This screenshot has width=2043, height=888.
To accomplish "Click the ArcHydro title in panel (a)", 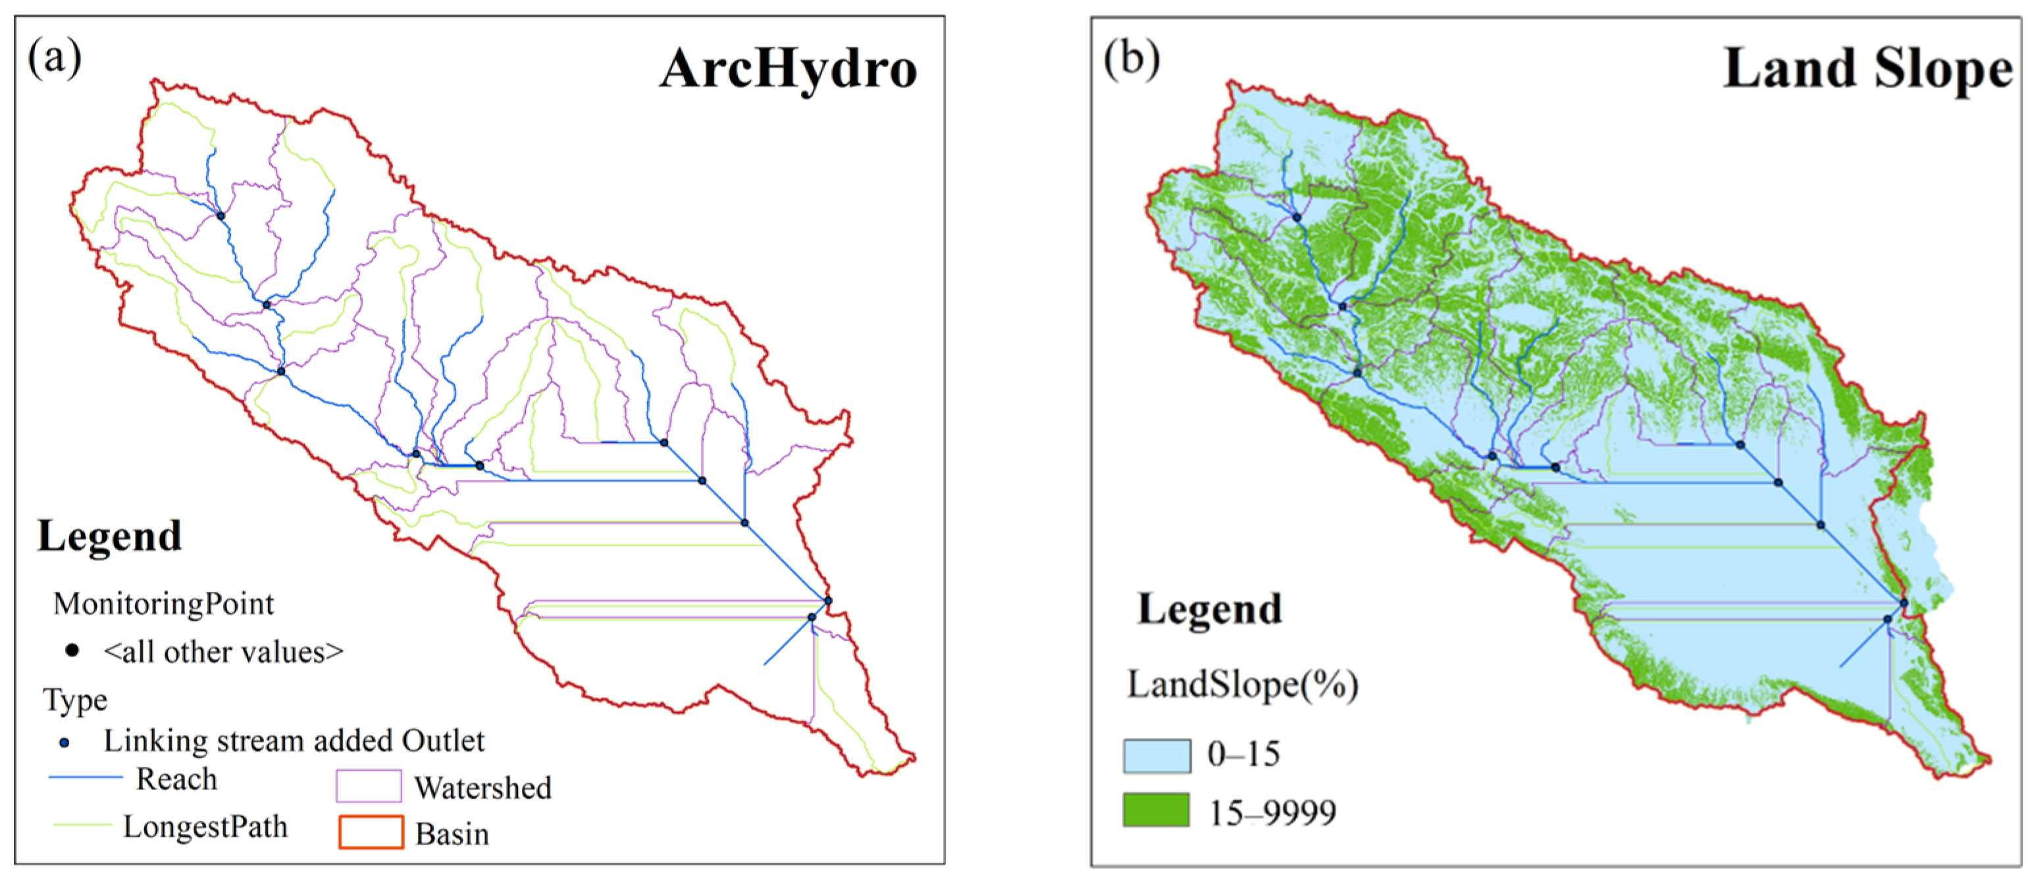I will tap(788, 69).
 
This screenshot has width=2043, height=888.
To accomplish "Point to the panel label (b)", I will tap(1131, 59).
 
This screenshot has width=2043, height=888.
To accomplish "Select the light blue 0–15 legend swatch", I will tap(1156, 756).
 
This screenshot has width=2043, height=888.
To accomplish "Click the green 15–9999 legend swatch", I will tap(1156, 810).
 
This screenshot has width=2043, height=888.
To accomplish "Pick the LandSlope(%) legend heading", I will tap(1243, 684).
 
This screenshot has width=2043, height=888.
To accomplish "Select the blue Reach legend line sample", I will tap(86, 777).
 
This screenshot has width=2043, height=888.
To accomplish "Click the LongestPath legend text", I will tap(205, 826).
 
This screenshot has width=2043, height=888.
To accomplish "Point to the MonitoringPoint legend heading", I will tap(163, 604).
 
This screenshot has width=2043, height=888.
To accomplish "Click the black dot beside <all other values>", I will tap(72, 651).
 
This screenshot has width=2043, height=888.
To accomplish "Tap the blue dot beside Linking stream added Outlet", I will tap(65, 743).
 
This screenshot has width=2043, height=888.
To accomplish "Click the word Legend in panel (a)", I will tap(109, 536).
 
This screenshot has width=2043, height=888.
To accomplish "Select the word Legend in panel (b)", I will tap(1210, 609).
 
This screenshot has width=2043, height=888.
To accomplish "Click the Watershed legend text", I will tap(482, 787).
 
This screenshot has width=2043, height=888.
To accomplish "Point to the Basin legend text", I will tap(452, 834).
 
